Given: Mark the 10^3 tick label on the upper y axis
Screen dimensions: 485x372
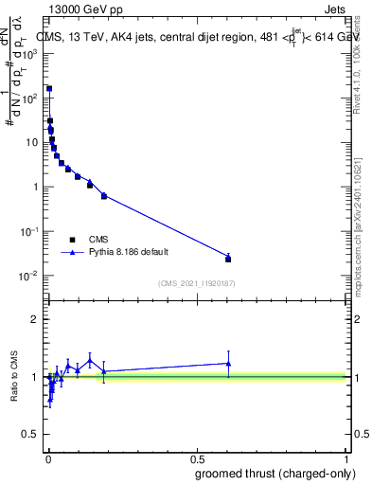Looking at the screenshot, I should tap(31, 54).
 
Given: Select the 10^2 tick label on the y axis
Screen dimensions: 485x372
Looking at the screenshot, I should tap(31, 99).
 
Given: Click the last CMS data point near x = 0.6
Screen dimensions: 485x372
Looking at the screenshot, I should tap(228, 259).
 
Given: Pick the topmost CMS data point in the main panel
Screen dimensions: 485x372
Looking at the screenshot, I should tap(49, 89).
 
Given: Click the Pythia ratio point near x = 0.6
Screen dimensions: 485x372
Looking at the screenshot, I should tap(228, 363).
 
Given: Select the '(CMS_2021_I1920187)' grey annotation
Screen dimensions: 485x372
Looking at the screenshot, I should tap(196, 283).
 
